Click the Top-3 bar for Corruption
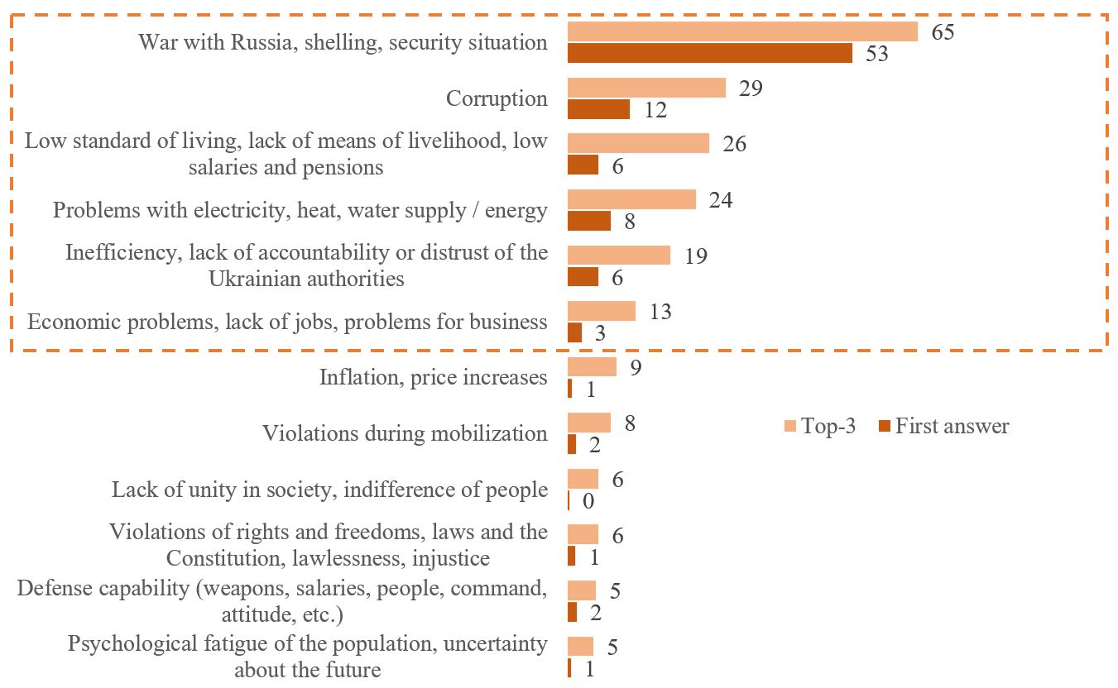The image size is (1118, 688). [x=646, y=88]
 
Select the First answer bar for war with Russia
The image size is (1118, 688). [x=709, y=54]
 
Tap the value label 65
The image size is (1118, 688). [x=943, y=32]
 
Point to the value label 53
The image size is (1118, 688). [x=876, y=55]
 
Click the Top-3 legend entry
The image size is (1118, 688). [x=820, y=427]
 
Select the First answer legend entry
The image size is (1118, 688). [x=943, y=427]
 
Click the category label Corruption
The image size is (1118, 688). [x=497, y=98]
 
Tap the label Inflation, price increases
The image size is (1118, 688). [x=433, y=378]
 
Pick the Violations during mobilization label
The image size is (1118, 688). [x=405, y=433]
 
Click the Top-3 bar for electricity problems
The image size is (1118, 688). [x=631, y=199]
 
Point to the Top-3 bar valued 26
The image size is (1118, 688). [x=638, y=143]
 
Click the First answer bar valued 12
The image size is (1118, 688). [x=598, y=109]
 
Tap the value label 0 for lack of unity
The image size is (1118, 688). [x=590, y=502]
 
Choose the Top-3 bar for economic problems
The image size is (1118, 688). [x=601, y=311]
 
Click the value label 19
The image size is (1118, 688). [x=695, y=256]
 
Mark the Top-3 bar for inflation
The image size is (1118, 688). [x=592, y=367]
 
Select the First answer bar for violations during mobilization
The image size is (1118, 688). [x=572, y=445]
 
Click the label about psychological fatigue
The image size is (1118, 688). [x=307, y=656]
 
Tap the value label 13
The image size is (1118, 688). [x=660, y=312]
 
